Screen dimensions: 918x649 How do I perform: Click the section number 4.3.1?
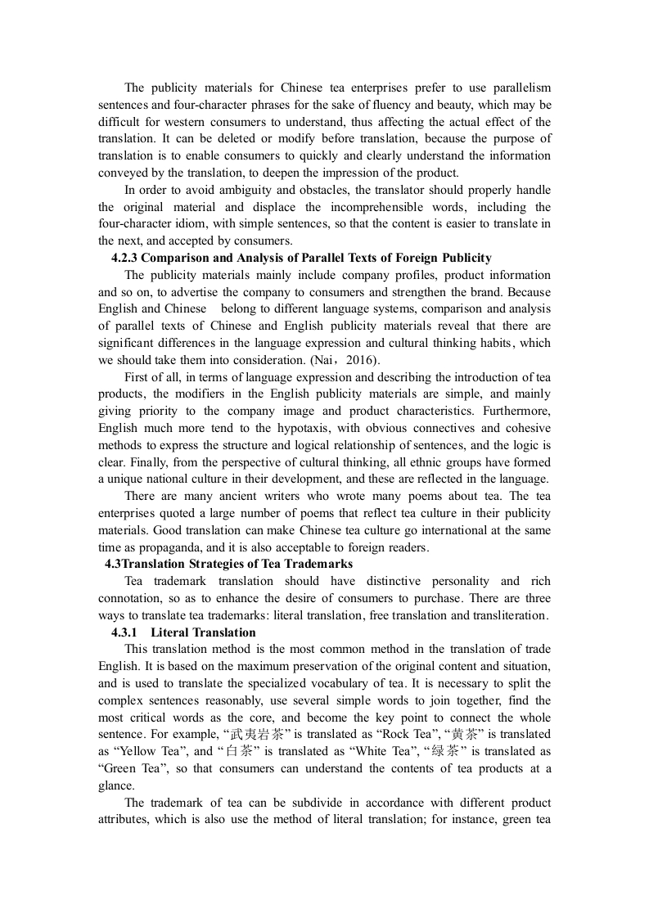click(127, 632)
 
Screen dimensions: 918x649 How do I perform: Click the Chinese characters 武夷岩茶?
click(270, 734)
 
